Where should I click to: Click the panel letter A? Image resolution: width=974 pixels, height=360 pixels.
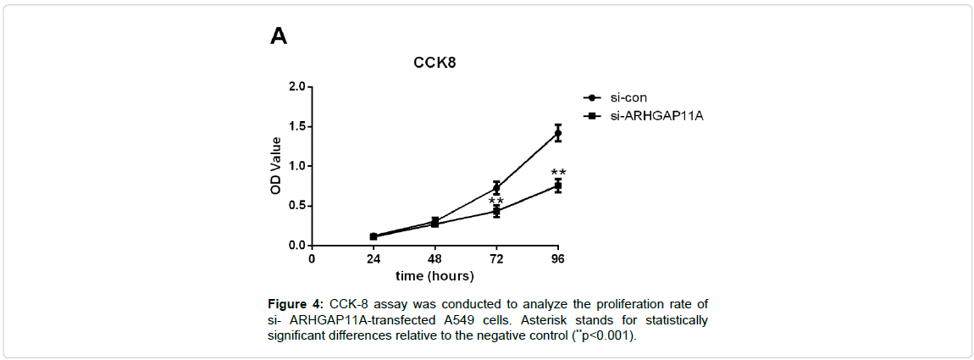click(279, 36)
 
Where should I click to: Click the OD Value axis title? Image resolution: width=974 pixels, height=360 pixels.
click(275, 165)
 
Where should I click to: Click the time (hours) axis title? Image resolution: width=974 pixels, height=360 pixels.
click(435, 275)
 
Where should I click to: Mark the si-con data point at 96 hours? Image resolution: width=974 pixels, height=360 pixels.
click(558, 133)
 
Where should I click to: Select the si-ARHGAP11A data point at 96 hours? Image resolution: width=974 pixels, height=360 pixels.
click(558, 186)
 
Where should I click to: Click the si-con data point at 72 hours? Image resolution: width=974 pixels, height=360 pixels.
click(496, 188)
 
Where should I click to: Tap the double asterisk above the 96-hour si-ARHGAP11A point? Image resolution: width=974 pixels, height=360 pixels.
click(558, 172)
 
